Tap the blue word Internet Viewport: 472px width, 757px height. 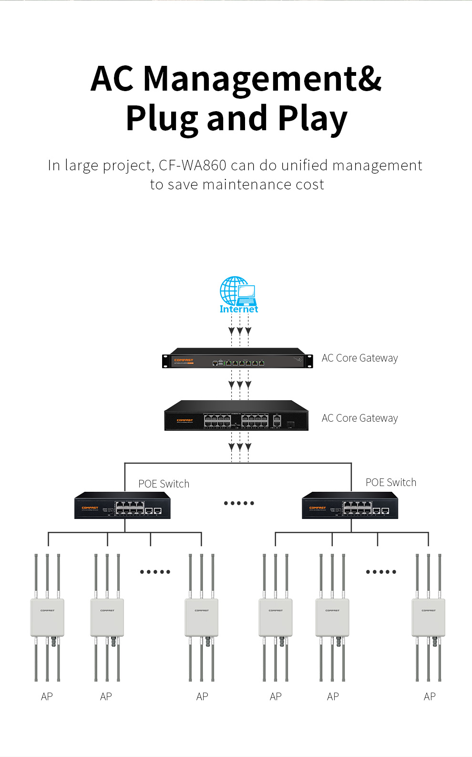[x=238, y=309]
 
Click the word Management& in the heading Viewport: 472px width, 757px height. [x=262, y=79]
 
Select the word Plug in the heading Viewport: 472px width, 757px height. [x=162, y=119]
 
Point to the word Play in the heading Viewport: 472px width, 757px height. [x=313, y=119]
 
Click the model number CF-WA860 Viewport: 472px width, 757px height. [x=193, y=166]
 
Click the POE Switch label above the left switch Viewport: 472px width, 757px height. [x=164, y=484]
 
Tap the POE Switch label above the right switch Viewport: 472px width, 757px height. [x=391, y=482]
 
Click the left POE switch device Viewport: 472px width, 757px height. [x=123, y=506]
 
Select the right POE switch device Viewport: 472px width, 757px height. [x=350, y=506]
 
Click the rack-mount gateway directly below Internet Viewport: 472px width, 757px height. [x=237, y=358]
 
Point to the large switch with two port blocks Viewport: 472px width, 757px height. [x=236, y=416]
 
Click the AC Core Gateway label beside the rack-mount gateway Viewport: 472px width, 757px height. [x=359, y=358]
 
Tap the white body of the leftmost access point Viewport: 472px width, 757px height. [x=47, y=617]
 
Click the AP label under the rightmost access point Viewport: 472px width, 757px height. [x=430, y=696]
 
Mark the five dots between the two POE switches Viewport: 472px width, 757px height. [x=239, y=503]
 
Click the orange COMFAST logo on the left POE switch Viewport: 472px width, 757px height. [x=90, y=508]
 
